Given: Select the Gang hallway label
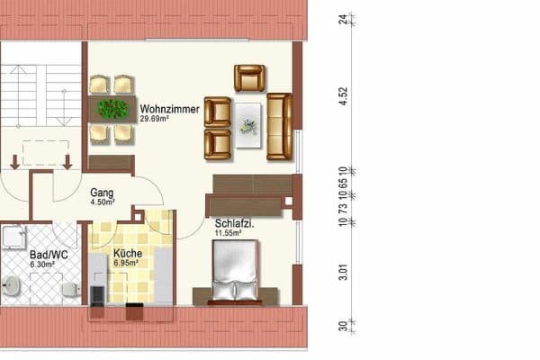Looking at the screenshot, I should [102, 192].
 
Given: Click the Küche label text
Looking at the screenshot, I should [126, 254].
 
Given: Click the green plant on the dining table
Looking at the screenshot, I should [112, 110].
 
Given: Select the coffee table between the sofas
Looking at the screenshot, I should [247, 125].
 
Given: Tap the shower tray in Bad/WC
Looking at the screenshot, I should [15, 237].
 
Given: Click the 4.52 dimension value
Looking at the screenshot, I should [343, 95].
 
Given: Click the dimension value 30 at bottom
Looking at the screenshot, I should [343, 326].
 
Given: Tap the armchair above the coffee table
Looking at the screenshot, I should [249, 77].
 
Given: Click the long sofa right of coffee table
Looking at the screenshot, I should [280, 125].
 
